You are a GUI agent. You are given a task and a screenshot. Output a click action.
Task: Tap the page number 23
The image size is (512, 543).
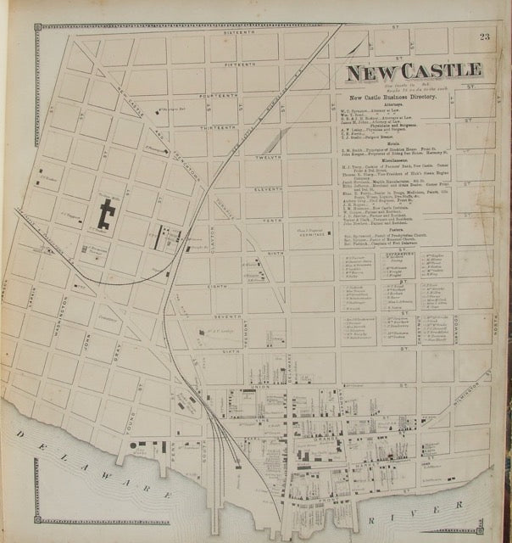click(x=484, y=36)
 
